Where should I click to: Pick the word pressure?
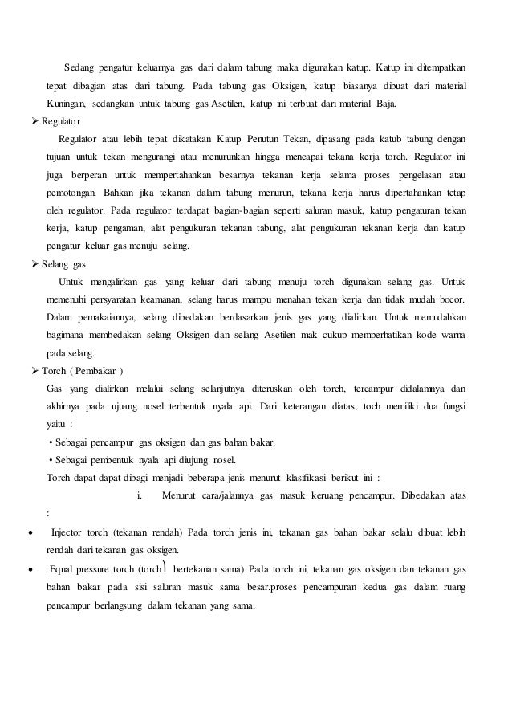tap(100, 569)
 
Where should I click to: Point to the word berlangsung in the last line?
tap(120, 605)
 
